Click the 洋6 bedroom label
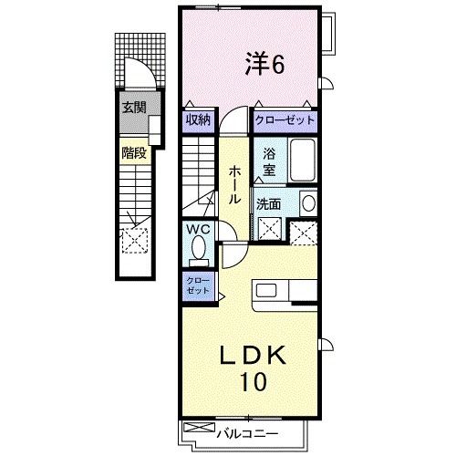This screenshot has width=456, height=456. pyautogui.click(x=264, y=64)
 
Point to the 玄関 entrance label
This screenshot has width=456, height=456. pyautogui.click(x=135, y=108)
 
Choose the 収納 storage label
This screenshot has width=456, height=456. pyautogui.click(x=199, y=119)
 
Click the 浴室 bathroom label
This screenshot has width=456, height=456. pyautogui.click(x=270, y=161)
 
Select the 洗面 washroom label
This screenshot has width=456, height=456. pyautogui.click(x=269, y=204)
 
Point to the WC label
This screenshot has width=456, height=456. pyautogui.click(x=199, y=230)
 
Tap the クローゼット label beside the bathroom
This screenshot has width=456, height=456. pyautogui.click(x=285, y=119)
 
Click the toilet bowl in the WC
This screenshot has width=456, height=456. pyautogui.click(x=201, y=247)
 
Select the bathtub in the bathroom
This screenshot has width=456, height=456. pyautogui.click(x=301, y=162)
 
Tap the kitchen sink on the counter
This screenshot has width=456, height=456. pyautogui.click(x=268, y=291)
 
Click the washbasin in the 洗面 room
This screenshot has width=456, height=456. pyautogui.click(x=308, y=203)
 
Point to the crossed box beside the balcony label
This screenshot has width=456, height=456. pyautogui.click(x=195, y=428)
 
